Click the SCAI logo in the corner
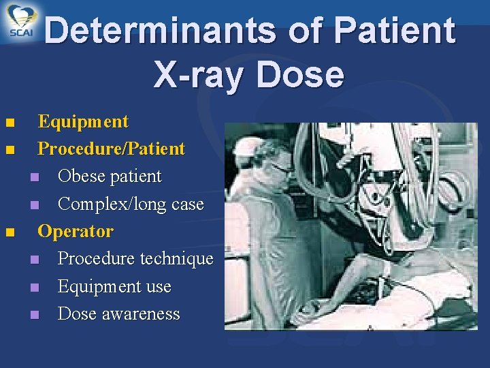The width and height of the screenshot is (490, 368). point(22,22)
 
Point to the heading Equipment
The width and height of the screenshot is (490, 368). point(83,122)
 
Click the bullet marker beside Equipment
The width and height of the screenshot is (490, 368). point(9,123)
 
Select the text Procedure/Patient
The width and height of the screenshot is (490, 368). point(111,149)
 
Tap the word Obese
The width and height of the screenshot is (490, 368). point(82,177)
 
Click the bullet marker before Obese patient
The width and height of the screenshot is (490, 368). point(35,178)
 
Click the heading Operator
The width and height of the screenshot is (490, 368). point(76,231)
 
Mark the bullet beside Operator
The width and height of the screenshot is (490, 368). point(9,232)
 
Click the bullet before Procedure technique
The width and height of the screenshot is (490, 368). point(35,260)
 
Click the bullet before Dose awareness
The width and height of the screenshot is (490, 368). point(35,316)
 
